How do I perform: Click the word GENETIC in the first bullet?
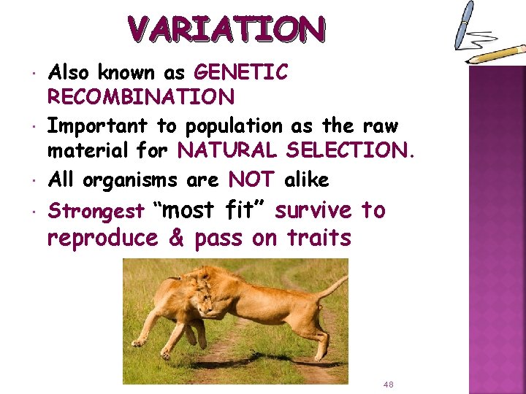coord(241,73)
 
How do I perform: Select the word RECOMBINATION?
coord(141,97)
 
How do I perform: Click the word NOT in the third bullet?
coord(252,179)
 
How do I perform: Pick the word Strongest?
coord(96,212)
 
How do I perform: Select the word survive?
coord(314,211)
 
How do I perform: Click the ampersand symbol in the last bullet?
coord(176,239)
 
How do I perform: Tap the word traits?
coord(319,238)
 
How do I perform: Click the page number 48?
coord(388,384)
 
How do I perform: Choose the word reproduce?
coord(102,239)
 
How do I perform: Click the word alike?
coord(306,179)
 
